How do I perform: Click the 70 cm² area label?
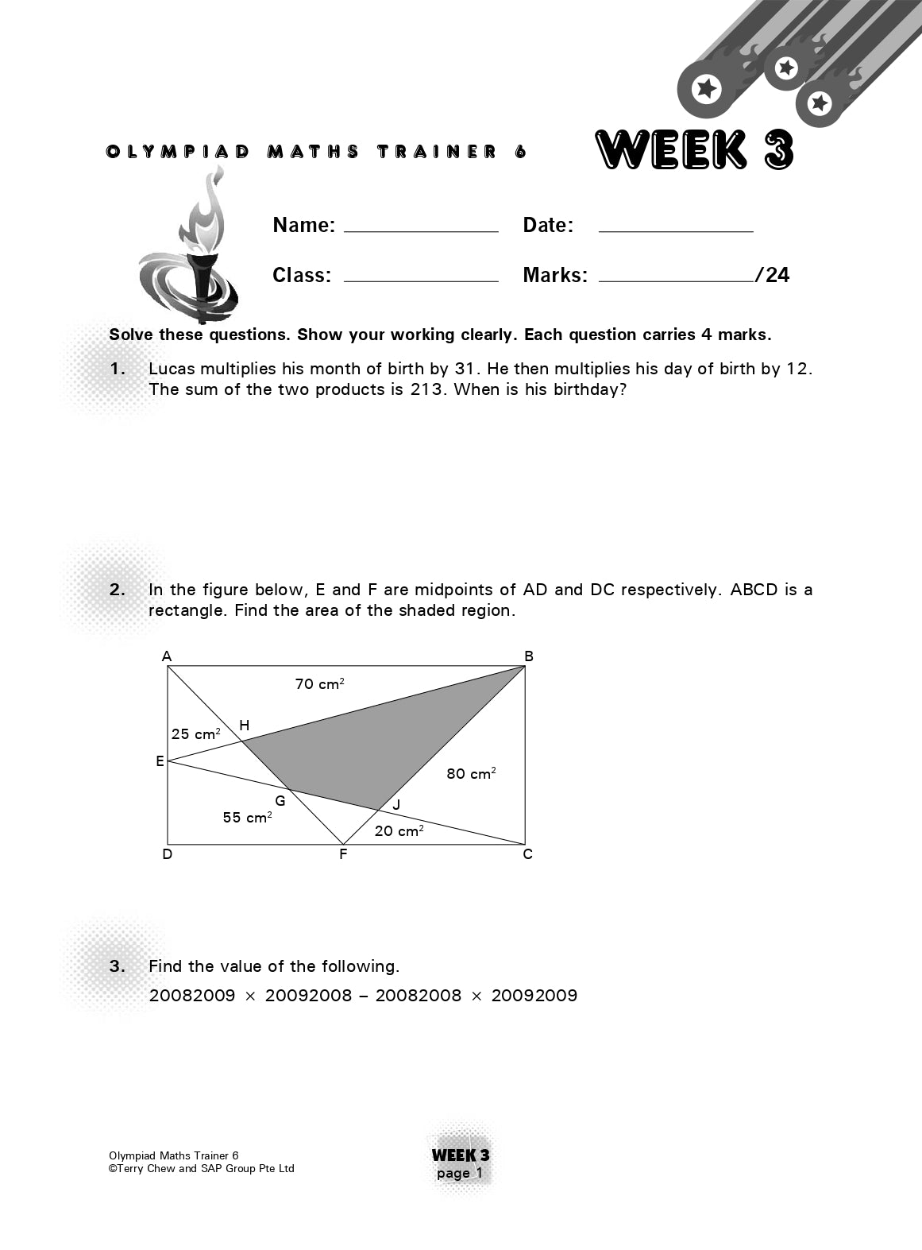pos(319,683)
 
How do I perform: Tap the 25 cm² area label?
pos(195,733)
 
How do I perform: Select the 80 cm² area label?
pos(471,773)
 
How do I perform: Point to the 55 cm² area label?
pos(247,817)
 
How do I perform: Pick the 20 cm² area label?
pos(399,830)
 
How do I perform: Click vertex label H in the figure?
pos(245,725)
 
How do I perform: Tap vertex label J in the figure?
pos(396,804)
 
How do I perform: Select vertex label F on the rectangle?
pos(343,855)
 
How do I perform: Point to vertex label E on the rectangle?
pos(160,761)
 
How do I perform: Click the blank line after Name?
pos(421,229)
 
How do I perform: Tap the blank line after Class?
pos(421,279)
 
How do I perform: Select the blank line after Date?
pos(675,229)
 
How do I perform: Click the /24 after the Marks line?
pos(773,275)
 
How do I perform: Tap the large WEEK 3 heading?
pos(694,150)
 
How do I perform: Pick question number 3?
pos(118,966)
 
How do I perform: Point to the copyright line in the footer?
pos(202,1168)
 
